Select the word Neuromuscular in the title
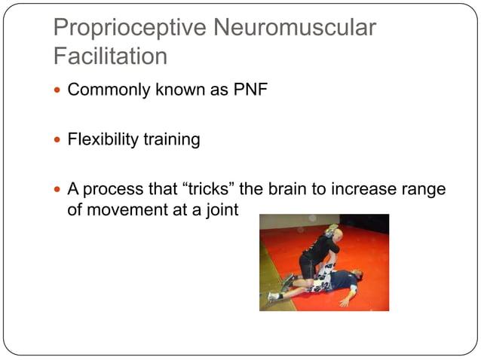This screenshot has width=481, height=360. click(x=295, y=29)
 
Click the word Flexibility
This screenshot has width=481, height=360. click(x=101, y=140)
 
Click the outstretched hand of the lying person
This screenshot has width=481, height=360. click(x=345, y=302)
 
